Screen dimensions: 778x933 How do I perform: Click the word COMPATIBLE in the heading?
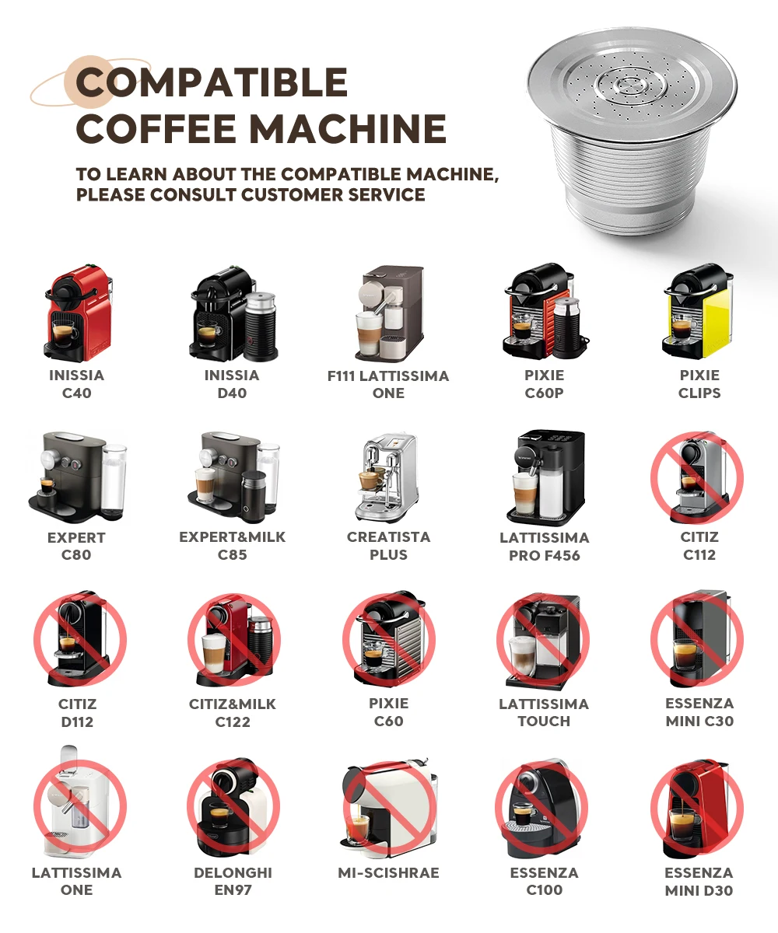click(x=212, y=82)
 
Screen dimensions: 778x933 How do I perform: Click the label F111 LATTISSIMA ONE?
click(x=388, y=384)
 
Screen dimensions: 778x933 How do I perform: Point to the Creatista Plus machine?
click(x=387, y=477)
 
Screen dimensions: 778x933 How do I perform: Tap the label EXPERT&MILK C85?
click(x=232, y=546)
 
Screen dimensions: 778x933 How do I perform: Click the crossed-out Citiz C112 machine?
click(x=698, y=477)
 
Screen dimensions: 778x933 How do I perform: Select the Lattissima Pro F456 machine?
click(x=546, y=477)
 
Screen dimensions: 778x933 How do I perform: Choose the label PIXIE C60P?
click(x=544, y=384)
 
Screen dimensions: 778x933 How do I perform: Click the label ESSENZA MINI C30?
click(x=699, y=712)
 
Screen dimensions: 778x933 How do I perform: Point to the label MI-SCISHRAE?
click(x=388, y=872)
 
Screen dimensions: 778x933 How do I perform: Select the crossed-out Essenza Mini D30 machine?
click(x=698, y=808)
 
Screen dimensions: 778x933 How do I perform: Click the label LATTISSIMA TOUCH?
click(x=544, y=712)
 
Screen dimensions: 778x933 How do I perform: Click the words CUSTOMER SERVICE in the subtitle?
click(x=333, y=195)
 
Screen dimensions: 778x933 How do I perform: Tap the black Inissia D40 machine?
click(x=233, y=313)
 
